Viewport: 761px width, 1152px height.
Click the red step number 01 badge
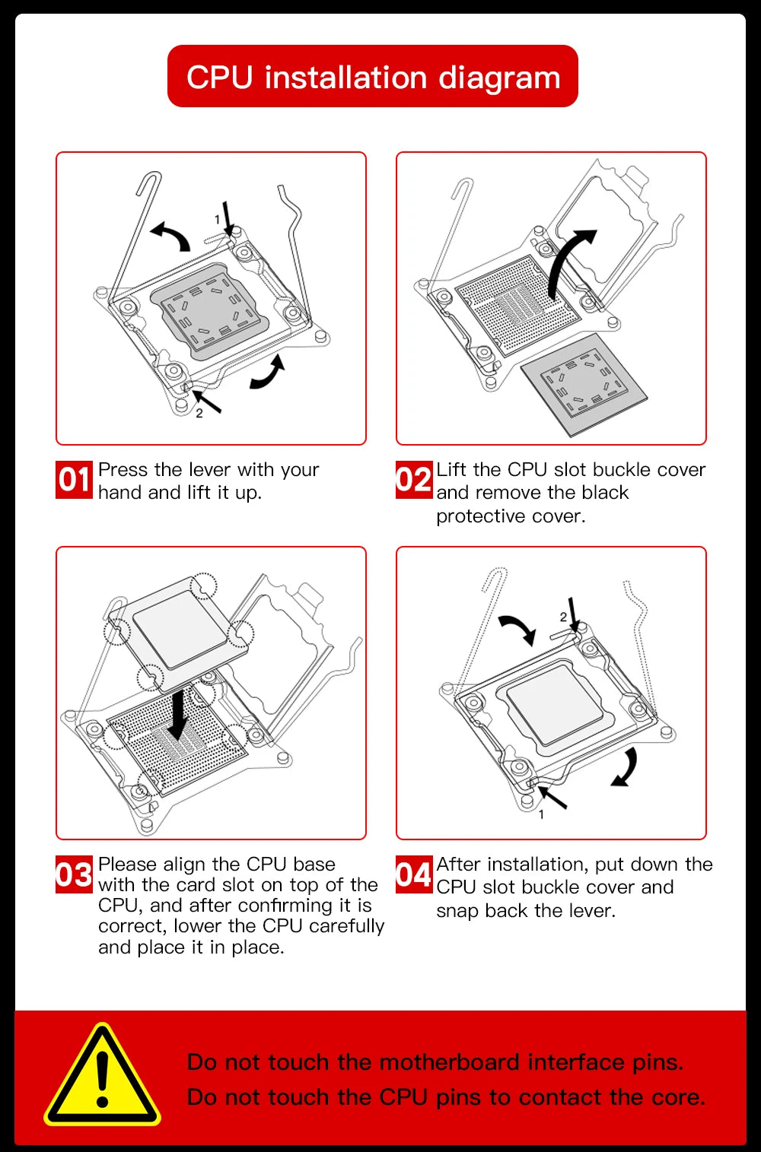(x=74, y=480)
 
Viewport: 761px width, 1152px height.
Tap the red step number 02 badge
(x=414, y=480)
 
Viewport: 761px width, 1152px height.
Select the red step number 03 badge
(x=74, y=874)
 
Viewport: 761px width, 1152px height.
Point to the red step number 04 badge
(x=414, y=874)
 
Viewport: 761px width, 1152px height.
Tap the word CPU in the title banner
(x=219, y=78)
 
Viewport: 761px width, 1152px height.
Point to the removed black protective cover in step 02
(x=584, y=384)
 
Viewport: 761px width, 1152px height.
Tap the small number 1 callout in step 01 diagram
(x=217, y=220)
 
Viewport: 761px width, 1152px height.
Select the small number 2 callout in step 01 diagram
(x=199, y=414)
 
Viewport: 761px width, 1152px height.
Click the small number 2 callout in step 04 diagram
(x=563, y=617)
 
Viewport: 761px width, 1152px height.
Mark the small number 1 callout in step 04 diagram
(x=541, y=814)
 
